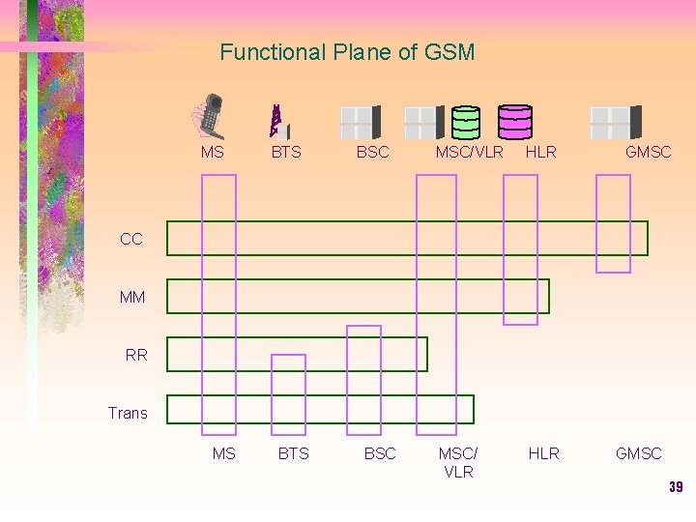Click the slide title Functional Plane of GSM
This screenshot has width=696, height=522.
347,52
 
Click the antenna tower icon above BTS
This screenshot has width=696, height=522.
278,120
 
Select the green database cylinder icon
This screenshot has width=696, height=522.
466,122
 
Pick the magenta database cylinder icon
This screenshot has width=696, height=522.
514,122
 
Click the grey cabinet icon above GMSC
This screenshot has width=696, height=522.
616,122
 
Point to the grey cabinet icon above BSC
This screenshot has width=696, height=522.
361,122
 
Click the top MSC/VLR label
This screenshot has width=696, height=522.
469,152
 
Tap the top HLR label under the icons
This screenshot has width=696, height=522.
540,152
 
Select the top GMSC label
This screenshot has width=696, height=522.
648,152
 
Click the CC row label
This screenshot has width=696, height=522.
131,239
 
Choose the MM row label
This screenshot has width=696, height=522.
132,297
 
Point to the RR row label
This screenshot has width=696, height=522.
136,355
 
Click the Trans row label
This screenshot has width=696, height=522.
128,413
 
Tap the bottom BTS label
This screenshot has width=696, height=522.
293,453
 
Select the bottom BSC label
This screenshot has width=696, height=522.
380,453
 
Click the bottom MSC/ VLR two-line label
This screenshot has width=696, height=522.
458,462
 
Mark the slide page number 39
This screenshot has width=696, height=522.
676,487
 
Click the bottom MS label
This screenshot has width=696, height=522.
223,453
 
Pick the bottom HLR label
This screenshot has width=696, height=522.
543,453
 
